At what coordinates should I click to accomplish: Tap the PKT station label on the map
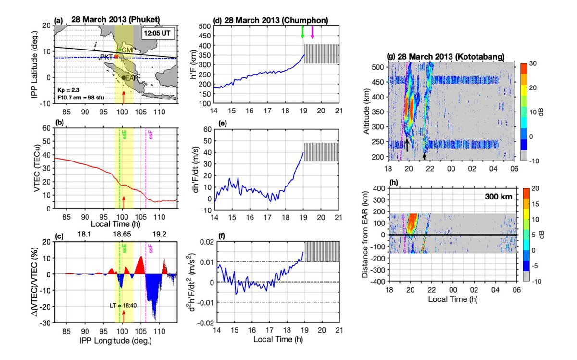[x=106, y=57]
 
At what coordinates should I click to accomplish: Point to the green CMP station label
[x=127, y=50]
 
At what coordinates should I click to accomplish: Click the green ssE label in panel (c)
[x=124, y=249]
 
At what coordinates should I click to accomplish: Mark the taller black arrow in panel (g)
[x=407, y=144]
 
